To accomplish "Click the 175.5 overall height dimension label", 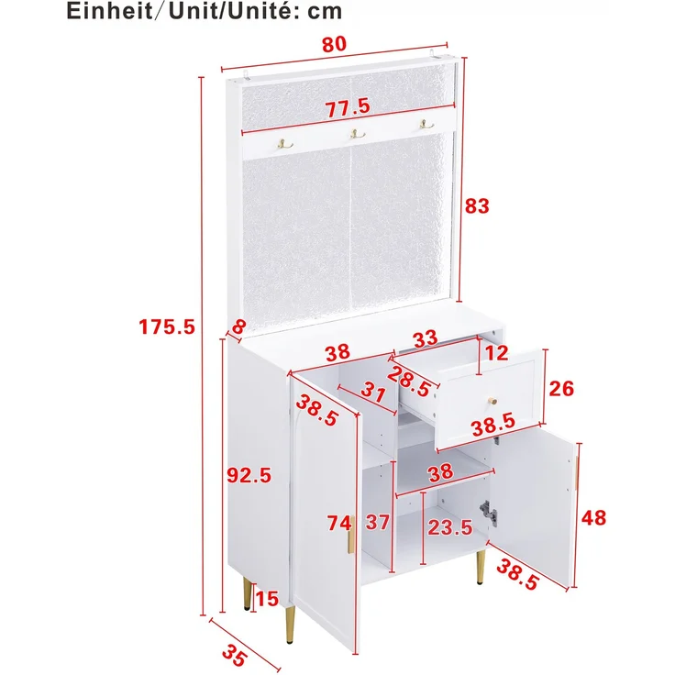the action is pyautogui.click(x=167, y=326).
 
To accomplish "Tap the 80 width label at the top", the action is pyautogui.click(x=334, y=44).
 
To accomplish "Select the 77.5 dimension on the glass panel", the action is pyautogui.click(x=348, y=107).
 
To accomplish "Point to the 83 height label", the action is pyautogui.click(x=477, y=206).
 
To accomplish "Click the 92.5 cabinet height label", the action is pyautogui.click(x=249, y=475).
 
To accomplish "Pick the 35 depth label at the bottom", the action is pyautogui.click(x=235, y=656).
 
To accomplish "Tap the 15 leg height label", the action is pyautogui.click(x=267, y=599).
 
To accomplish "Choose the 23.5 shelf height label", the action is pyautogui.click(x=450, y=527).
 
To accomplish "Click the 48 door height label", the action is pyautogui.click(x=593, y=517).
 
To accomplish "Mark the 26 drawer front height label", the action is pyautogui.click(x=562, y=389).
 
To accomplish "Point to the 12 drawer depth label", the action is pyautogui.click(x=497, y=353).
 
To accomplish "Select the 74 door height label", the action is pyautogui.click(x=339, y=524).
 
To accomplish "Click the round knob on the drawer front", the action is pyautogui.click(x=492, y=401).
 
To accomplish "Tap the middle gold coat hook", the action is pyautogui.click(x=357, y=134).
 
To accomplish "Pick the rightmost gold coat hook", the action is pyautogui.click(x=426, y=125).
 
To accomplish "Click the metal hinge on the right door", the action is pyautogui.click(x=489, y=512).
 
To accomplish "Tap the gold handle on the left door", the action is pyautogui.click(x=351, y=535).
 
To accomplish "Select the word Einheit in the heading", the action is pyautogui.click(x=109, y=11).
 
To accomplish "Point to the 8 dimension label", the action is pyautogui.click(x=238, y=326).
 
